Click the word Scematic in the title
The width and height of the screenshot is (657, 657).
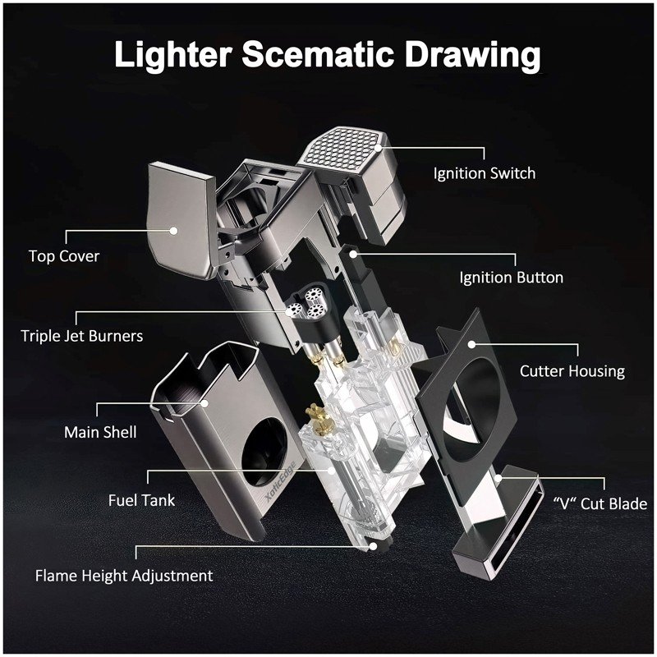(x=318, y=54)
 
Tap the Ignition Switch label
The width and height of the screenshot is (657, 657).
(x=485, y=173)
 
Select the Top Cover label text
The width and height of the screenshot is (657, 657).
(x=64, y=256)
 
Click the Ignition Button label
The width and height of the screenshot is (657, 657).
(x=511, y=278)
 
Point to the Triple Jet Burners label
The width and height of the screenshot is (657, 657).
(x=81, y=336)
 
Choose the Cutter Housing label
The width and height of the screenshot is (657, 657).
(x=572, y=371)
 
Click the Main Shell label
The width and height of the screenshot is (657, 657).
(x=100, y=432)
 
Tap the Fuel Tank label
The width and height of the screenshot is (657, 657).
(x=141, y=500)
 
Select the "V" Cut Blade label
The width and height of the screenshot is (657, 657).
(x=600, y=503)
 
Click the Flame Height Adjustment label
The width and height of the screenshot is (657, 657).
(x=124, y=576)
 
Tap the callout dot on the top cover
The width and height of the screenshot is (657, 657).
(x=173, y=230)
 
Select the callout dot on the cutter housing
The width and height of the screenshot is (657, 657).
(x=471, y=344)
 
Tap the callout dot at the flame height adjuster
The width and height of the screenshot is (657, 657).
(x=373, y=546)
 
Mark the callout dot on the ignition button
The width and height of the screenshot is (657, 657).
(x=353, y=254)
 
